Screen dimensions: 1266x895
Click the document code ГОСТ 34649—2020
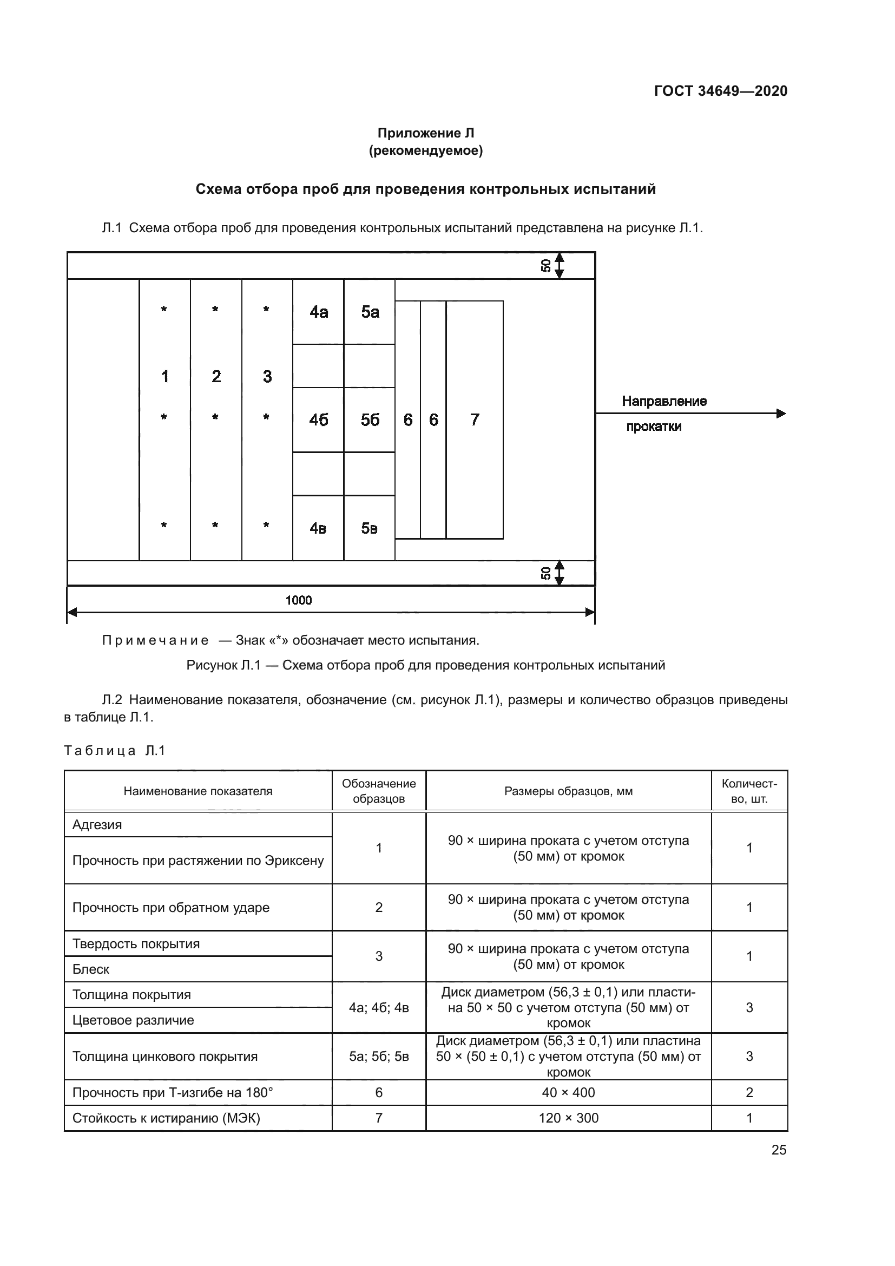click(720, 91)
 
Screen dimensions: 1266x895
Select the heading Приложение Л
click(425, 133)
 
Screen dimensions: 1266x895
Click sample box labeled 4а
click(319, 312)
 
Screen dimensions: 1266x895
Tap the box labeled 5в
click(369, 528)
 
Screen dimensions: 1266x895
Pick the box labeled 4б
click(319, 420)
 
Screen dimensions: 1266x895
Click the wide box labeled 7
click(475, 420)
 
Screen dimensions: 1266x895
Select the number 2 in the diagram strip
click(216, 376)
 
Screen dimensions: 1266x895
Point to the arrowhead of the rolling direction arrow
click(780, 414)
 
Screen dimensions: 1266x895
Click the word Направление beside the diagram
click(664, 401)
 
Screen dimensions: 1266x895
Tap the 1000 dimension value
click(298, 600)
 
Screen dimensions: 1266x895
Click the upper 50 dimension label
click(545, 266)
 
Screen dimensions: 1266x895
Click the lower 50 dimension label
click(545, 573)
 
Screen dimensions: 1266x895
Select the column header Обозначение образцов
click(379, 791)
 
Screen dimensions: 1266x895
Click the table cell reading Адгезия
click(97, 825)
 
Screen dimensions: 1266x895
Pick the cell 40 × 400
click(568, 1092)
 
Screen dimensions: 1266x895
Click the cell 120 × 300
click(568, 1118)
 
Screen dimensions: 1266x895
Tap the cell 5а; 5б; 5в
click(379, 1057)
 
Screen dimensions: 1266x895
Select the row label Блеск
click(91, 969)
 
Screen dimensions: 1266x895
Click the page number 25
click(779, 1150)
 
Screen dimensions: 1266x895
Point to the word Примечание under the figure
click(155, 640)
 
